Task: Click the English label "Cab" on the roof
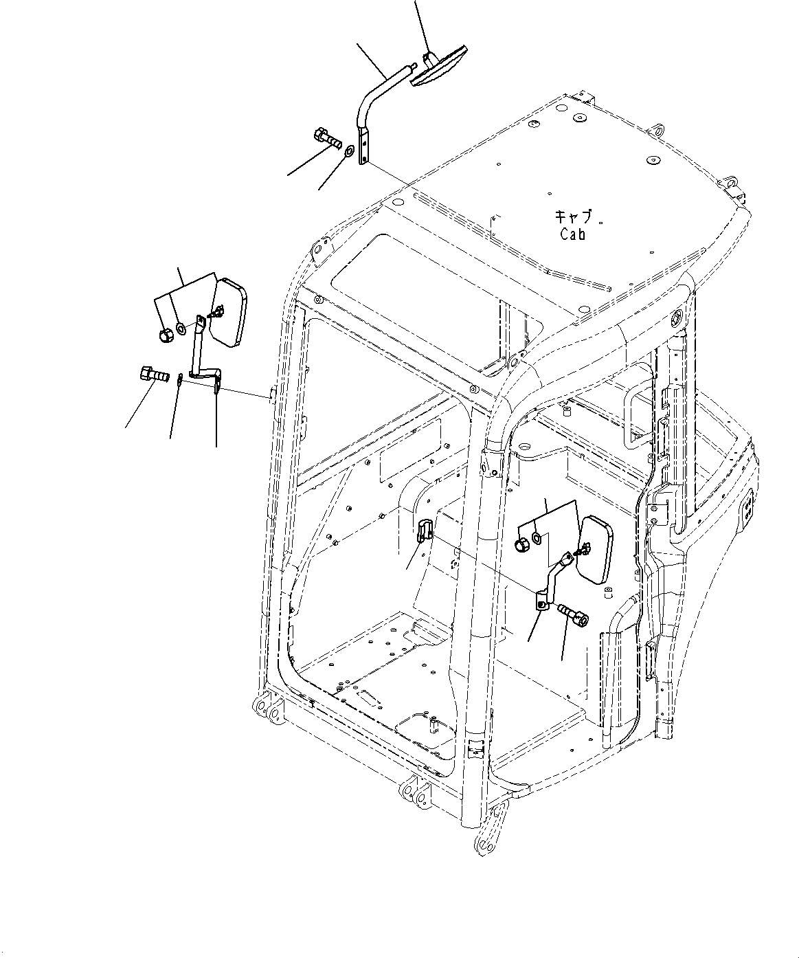coord(572,234)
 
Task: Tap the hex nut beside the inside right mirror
coord(523,546)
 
